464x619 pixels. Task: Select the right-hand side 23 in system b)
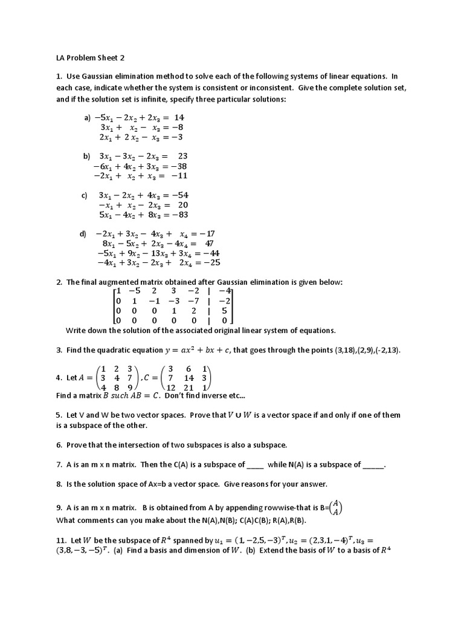[182, 155]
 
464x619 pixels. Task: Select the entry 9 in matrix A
[129, 387]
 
